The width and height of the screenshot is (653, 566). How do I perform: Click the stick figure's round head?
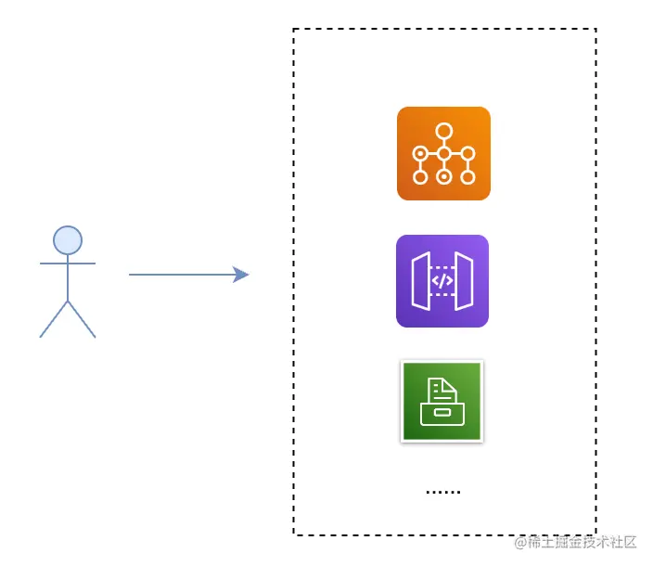click(x=68, y=240)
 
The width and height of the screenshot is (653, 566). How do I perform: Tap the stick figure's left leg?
click(x=54, y=318)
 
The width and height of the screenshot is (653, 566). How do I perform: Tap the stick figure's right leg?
click(x=82, y=318)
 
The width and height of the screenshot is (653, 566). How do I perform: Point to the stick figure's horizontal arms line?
click(x=68, y=264)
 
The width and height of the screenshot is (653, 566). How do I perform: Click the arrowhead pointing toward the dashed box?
click(x=241, y=275)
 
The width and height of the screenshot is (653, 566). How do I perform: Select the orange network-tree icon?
click(x=443, y=153)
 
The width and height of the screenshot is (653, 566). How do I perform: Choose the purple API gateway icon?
click(x=442, y=281)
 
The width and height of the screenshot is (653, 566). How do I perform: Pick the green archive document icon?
click(x=442, y=401)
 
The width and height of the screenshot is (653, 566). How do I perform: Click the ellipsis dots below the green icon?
click(x=442, y=491)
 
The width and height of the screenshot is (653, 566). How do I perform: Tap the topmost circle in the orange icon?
click(x=444, y=131)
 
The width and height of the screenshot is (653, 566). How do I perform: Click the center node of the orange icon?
click(x=444, y=153)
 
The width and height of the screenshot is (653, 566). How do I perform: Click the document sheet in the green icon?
click(x=440, y=390)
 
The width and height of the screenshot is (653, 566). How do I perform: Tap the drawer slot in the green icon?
click(x=442, y=412)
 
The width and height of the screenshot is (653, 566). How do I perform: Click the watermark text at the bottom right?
click(x=576, y=542)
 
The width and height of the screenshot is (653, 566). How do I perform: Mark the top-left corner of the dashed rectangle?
click(x=294, y=30)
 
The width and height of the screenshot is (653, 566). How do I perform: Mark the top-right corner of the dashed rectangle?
click(x=595, y=30)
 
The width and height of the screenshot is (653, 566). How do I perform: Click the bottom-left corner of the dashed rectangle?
click(x=294, y=534)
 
